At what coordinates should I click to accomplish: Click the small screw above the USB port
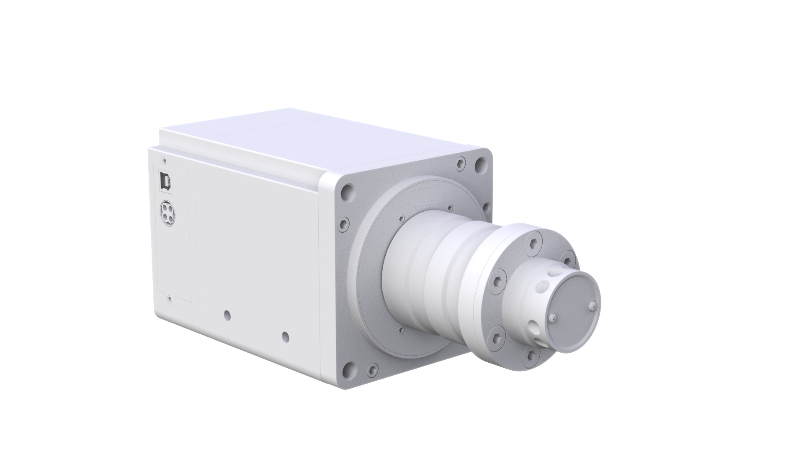pyautogui.click(x=165, y=159)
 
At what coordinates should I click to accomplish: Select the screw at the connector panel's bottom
pyautogui.click(x=169, y=299)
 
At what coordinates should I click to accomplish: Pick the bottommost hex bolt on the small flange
pyautogui.click(x=532, y=355)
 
